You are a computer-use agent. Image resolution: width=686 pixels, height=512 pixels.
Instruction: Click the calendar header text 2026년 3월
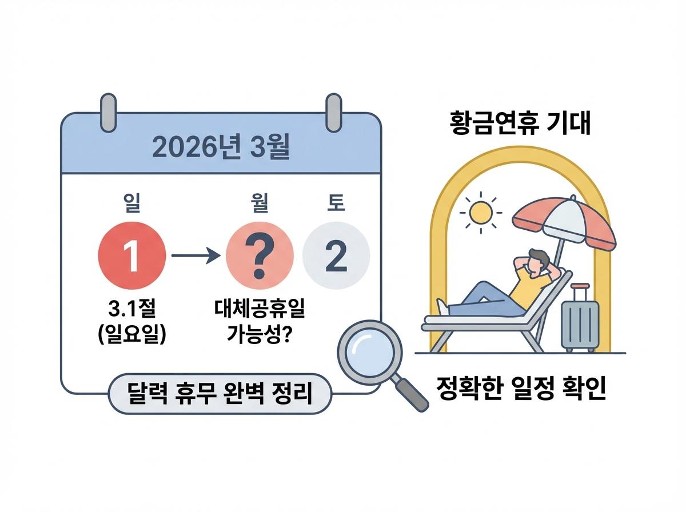point(221,149)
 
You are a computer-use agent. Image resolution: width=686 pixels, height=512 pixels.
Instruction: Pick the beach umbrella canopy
point(564,220)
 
